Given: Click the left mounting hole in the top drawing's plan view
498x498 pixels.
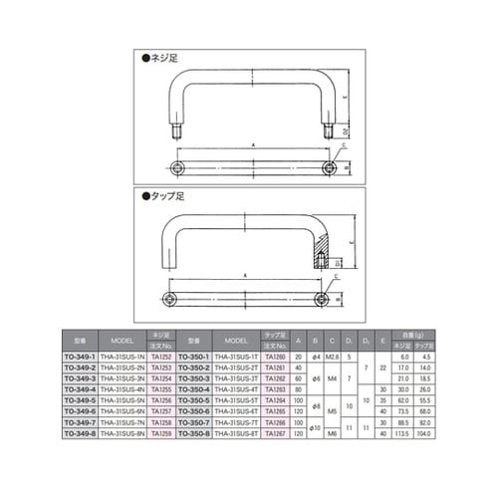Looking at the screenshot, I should (178, 164).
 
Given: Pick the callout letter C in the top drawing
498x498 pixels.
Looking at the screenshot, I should (343, 145).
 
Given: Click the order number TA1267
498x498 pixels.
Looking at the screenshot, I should (276, 433).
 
